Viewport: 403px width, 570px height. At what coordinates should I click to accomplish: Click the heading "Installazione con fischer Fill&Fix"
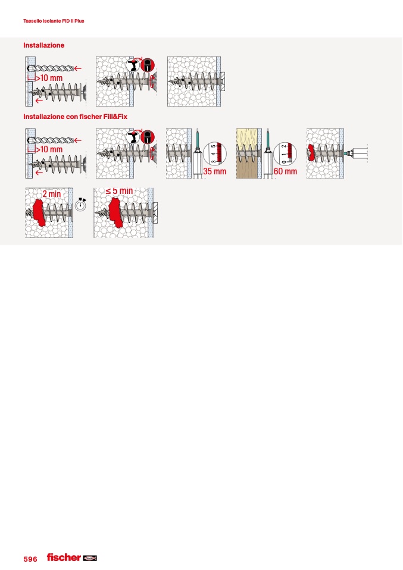(75, 117)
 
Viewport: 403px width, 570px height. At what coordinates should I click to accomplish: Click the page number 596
(30, 559)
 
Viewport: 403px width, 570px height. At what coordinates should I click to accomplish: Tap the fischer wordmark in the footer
(64, 558)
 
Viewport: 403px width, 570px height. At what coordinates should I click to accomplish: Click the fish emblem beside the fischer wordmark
(90, 558)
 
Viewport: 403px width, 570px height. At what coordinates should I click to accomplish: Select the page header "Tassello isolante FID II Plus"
(54, 21)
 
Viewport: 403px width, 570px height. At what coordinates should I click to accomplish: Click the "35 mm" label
(214, 171)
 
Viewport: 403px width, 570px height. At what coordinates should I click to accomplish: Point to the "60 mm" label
(285, 171)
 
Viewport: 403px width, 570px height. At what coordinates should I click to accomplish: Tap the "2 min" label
(52, 194)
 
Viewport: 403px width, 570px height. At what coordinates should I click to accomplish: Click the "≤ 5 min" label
(119, 191)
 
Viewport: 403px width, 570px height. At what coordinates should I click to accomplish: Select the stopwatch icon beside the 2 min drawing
(80, 205)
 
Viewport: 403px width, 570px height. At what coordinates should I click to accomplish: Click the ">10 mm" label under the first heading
(49, 78)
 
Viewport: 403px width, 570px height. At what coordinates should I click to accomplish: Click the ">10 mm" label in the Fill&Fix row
(49, 149)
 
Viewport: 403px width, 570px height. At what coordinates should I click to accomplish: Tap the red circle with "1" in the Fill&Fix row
(148, 137)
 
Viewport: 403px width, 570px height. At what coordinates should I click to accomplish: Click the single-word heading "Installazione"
(43, 45)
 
